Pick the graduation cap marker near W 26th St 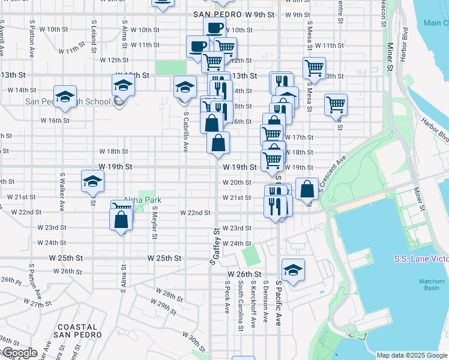tap(294, 269)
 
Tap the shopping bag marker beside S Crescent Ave tap(307, 188)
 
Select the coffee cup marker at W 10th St tap(214, 28)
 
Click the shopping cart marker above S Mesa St tap(314, 68)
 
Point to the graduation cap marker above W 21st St tap(92, 181)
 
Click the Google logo tap(19, 353)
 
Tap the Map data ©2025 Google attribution tap(412, 355)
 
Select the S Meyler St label tap(154, 223)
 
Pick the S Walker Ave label tap(62, 191)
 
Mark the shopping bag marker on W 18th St tap(218, 143)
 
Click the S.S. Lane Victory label tap(421, 259)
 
